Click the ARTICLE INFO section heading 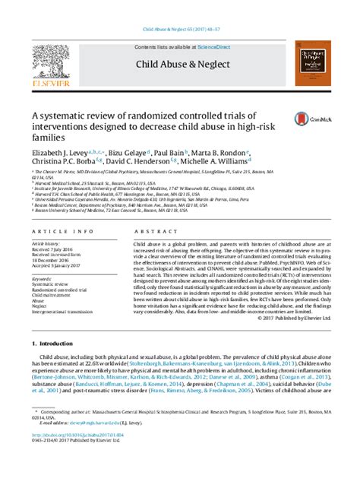pos(53,230)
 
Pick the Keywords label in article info pos(43,279)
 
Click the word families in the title pos(47,139)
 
